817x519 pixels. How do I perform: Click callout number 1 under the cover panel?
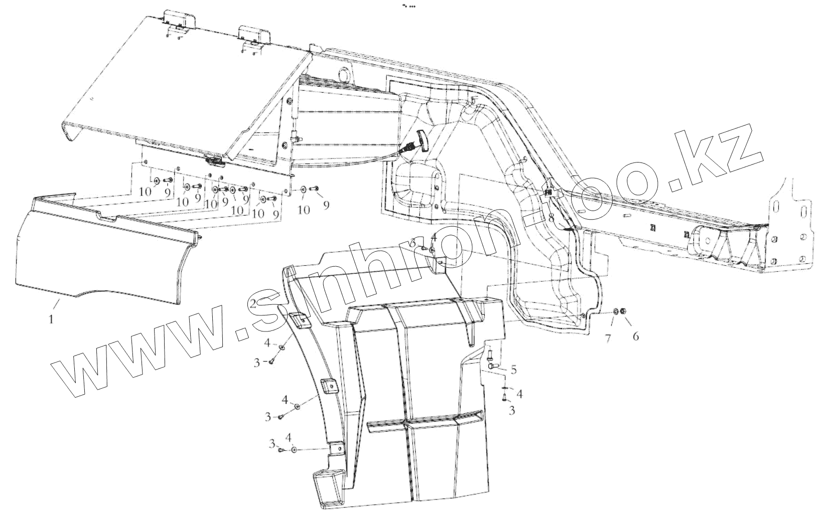click(51, 318)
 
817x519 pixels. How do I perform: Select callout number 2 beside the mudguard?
click(254, 303)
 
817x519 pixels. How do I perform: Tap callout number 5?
click(513, 371)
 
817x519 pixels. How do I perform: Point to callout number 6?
click(635, 336)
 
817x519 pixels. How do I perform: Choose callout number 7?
click(608, 338)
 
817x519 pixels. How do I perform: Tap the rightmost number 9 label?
click(327, 205)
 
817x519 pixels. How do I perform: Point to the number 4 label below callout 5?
click(519, 394)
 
